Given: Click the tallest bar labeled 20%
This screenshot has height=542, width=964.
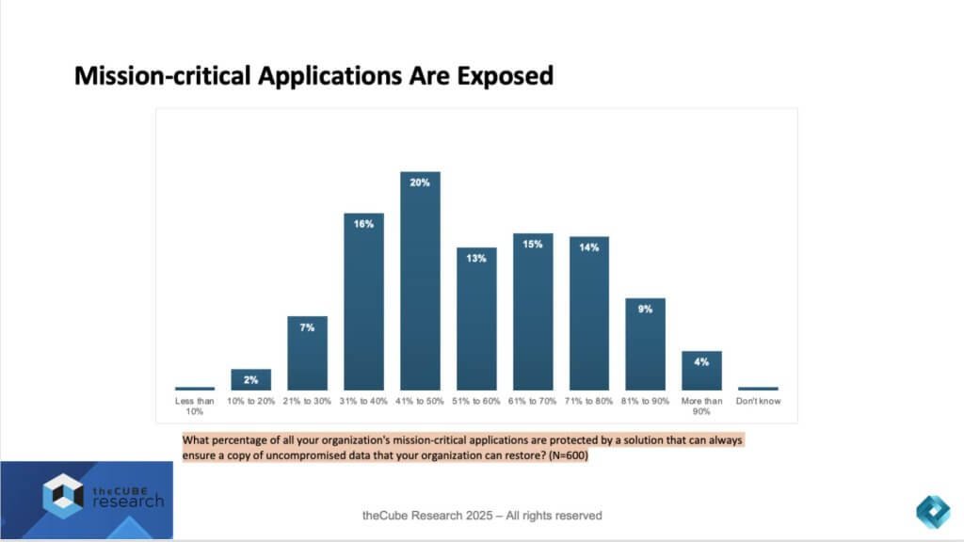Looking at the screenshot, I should [x=420, y=282].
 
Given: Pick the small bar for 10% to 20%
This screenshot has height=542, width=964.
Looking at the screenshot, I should [x=251, y=380].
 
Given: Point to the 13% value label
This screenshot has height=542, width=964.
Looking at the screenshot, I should [x=476, y=258].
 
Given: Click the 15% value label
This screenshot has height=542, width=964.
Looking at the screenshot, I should [x=533, y=244].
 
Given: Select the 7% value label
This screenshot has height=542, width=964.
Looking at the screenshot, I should [x=308, y=327].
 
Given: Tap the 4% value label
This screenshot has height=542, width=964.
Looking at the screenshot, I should [x=702, y=361].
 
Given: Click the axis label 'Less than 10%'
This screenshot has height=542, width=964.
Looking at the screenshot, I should [x=195, y=406].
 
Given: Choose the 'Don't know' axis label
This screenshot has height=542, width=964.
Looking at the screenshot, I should [x=759, y=401].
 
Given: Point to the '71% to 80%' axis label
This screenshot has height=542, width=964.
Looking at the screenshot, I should [x=589, y=401].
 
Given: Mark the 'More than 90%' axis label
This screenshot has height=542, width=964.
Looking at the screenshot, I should [x=702, y=406].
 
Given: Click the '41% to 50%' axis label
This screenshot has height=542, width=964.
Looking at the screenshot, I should [x=420, y=401].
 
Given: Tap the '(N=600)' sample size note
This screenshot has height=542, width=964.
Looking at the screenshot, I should [x=560, y=456].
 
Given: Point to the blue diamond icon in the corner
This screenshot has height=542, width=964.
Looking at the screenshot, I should [x=933, y=510].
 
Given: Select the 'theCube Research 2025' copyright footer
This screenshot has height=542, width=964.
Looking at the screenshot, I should [x=482, y=516].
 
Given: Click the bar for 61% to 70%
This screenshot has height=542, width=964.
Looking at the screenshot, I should [x=533, y=311].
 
